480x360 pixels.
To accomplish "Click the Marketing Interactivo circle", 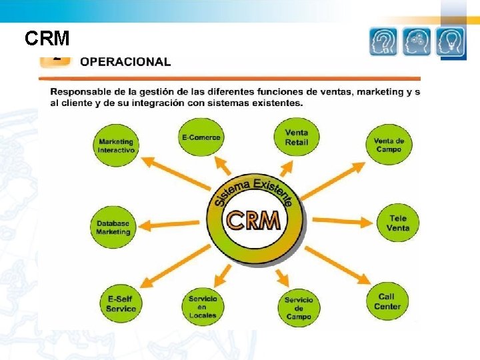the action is click(x=116, y=145).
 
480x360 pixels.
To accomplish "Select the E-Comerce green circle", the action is click(x=201, y=137).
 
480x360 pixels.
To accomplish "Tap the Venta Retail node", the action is click(x=296, y=137).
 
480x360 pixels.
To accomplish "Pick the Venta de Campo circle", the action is click(x=388, y=145).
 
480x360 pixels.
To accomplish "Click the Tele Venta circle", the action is click(x=398, y=223).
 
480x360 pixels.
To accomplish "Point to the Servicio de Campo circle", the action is click(x=299, y=308).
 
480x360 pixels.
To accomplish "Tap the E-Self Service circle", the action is click(x=121, y=304).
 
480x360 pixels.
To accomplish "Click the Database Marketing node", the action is click(x=113, y=227).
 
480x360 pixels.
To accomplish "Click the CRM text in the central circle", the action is click(x=253, y=220).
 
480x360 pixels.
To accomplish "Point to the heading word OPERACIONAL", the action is click(x=125, y=62).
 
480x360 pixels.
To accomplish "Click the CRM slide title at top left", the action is click(x=47, y=39).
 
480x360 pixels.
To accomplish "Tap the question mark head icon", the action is click(x=383, y=41).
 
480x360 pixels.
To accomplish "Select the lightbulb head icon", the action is click(x=451, y=41).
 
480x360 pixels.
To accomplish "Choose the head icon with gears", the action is click(x=417, y=41).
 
